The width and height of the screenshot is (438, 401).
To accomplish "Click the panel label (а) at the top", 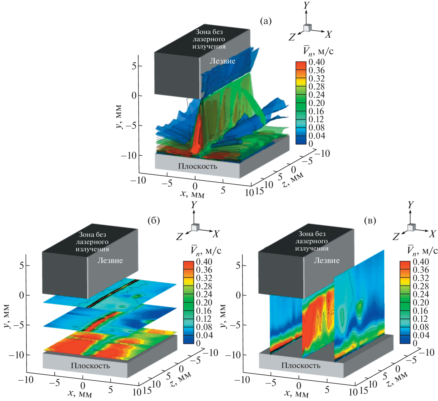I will pos(265,21).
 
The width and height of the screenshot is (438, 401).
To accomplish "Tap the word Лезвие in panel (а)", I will pos(222,61).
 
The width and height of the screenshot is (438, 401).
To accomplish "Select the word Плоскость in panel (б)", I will pos(90,366).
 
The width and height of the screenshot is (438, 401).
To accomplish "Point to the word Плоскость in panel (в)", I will pos(301,365).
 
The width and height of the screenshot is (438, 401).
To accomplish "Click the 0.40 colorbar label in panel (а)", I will pos(316,62).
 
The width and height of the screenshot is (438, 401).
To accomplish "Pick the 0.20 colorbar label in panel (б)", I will pos(204,302).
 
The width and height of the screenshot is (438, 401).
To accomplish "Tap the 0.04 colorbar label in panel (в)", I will pos(421,335).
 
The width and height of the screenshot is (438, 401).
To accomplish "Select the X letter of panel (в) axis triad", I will pos(432,234).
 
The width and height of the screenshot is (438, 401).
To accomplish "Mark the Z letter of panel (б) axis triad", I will pos(179,237).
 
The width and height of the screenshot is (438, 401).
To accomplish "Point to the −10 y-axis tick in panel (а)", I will pos(128,156).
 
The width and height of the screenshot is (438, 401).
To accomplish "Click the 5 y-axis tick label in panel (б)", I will pos(22,265).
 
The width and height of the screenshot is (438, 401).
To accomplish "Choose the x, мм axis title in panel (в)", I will pos(296,394).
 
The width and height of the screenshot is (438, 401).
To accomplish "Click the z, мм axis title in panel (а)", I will pos(293,180).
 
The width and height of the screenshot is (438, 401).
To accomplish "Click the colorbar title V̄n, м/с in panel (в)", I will pos(422,250).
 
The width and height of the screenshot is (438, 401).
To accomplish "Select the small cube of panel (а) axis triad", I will pos(307,28).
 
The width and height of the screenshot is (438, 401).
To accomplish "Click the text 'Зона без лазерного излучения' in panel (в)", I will pos(311,241).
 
